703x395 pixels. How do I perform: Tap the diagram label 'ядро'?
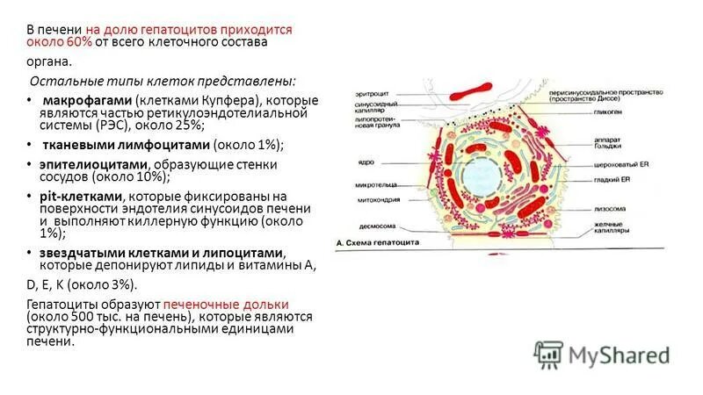pyautogui.click(x=366, y=162)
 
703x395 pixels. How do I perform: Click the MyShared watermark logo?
pyautogui.click(x=606, y=355)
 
